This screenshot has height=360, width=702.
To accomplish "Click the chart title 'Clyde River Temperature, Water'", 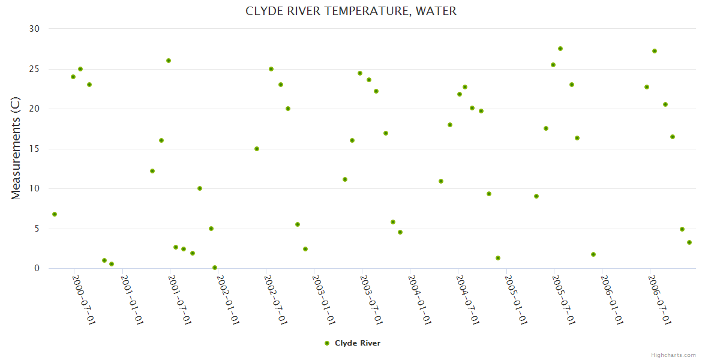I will [351, 11].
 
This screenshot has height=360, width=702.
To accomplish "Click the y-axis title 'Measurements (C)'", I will [16, 149].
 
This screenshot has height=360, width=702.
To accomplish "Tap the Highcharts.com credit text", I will [673, 355].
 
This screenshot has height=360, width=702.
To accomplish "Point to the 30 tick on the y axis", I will [34, 29].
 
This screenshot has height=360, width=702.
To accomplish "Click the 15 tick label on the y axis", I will [34, 149].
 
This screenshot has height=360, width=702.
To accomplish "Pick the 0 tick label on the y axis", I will [37, 268].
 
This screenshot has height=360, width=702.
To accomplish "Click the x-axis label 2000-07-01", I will [83, 299].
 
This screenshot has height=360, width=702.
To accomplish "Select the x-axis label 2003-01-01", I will [323, 299].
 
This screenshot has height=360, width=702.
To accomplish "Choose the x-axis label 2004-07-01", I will [467, 299].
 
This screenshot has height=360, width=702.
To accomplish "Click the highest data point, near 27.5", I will [560, 49].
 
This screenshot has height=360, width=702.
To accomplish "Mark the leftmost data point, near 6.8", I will [55, 214].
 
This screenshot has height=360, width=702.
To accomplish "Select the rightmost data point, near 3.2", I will [689, 242].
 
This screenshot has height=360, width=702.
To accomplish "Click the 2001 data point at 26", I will [169, 61].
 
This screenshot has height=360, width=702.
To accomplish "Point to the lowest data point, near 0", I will [215, 268].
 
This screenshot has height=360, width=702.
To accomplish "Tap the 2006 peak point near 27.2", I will [655, 51].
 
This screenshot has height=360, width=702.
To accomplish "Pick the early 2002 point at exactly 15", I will [257, 149].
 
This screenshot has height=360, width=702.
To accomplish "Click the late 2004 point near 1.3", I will [498, 258].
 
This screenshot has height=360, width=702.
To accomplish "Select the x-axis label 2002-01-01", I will [227, 299].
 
